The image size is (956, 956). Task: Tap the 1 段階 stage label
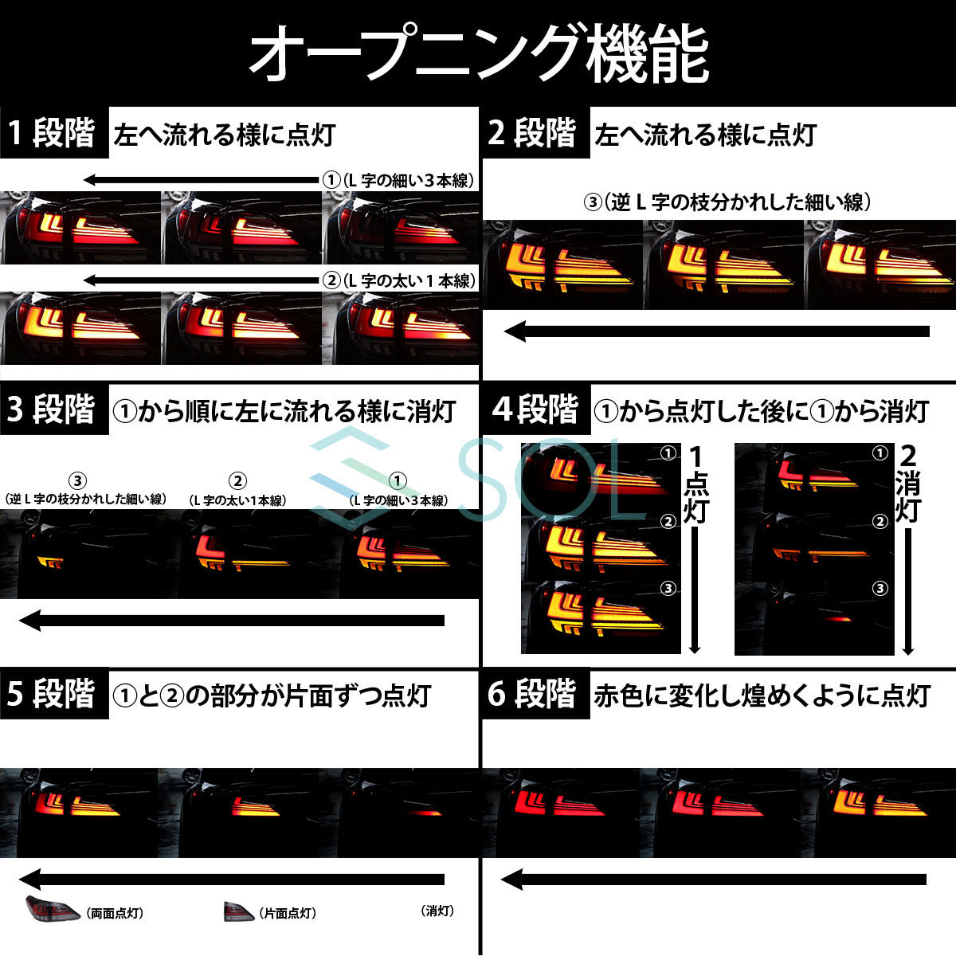coord(53,133)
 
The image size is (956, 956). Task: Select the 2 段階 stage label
coord(532,133)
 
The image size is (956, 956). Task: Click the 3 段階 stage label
coord(53,410)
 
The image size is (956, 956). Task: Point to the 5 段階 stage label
coord(53,694)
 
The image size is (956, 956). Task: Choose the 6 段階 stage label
coord(532,694)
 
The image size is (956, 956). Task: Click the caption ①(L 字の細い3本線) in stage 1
coord(398,181)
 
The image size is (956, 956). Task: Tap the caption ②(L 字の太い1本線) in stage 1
coord(398,280)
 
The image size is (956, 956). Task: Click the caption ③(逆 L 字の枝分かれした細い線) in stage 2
coord(727,202)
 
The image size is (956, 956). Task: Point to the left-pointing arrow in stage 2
coord(717,331)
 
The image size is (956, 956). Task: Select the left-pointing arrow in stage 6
coord(713,880)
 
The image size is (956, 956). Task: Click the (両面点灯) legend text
coord(116,913)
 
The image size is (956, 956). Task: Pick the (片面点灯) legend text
coord(287,913)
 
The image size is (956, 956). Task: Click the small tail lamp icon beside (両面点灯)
coord(52,908)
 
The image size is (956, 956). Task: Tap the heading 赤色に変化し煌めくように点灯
coord(762,695)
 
